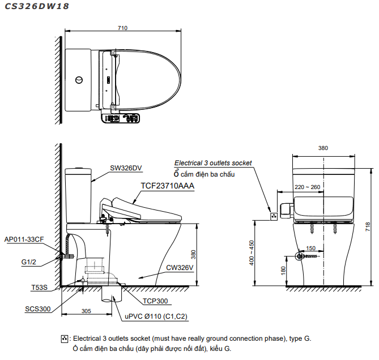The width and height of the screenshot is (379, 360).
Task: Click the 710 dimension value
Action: click(x=123, y=28)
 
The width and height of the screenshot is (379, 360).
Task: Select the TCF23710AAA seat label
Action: click(x=167, y=185)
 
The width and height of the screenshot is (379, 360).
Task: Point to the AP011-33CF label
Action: click(x=23, y=239)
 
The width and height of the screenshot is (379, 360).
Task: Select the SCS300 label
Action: click(x=38, y=309)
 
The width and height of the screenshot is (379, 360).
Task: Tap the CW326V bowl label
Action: click(x=180, y=268)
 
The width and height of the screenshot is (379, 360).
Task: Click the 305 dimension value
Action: click(x=87, y=311)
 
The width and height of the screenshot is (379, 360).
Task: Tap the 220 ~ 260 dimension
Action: click(x=307, y=187)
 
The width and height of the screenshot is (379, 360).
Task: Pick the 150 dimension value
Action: click(x=311, y=248)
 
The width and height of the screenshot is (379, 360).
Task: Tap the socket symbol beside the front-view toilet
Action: click(x=274, y=215)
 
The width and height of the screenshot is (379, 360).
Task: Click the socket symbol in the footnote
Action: click(x=65, y=338)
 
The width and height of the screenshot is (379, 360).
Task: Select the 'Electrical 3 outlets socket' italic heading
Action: click(x=213, y=163)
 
